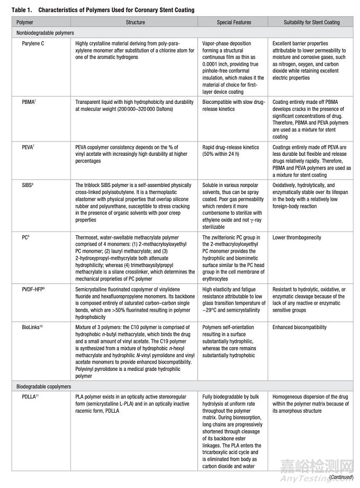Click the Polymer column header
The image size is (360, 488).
point(24,23)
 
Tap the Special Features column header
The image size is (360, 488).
point(234,23)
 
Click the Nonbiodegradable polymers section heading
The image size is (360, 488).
point(44,33)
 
